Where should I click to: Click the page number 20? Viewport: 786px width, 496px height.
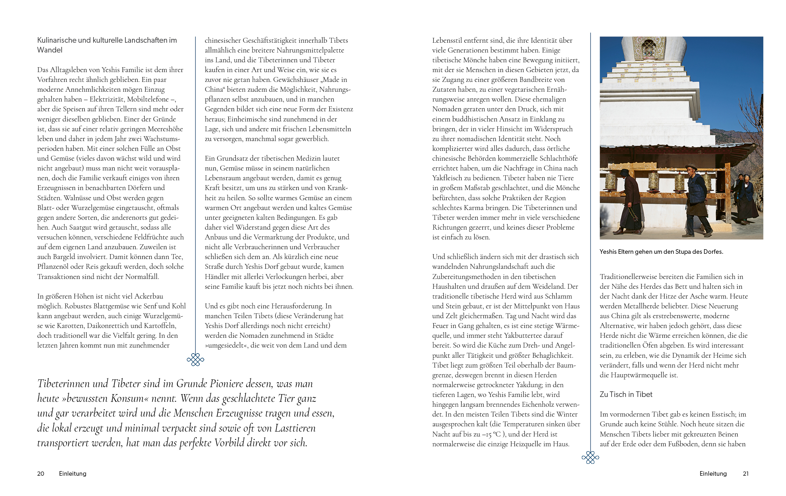click(x=41, y=474)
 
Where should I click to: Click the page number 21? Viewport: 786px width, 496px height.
click(x=746, y=474)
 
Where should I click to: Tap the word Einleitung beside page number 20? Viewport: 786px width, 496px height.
click(x=73, y=474)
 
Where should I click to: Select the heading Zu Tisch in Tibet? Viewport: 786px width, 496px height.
click(x=626, y=394)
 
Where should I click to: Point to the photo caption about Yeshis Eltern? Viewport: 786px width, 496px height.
click(x=661, y=252)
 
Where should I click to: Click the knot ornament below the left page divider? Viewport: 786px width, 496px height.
click(x=195, y=359)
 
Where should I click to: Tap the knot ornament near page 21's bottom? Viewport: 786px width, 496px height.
click(x=590, y=457)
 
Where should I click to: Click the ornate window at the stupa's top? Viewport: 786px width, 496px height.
click(x=649, y=48)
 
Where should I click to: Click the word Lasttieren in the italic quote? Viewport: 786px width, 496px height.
click(x=295, y=428)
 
